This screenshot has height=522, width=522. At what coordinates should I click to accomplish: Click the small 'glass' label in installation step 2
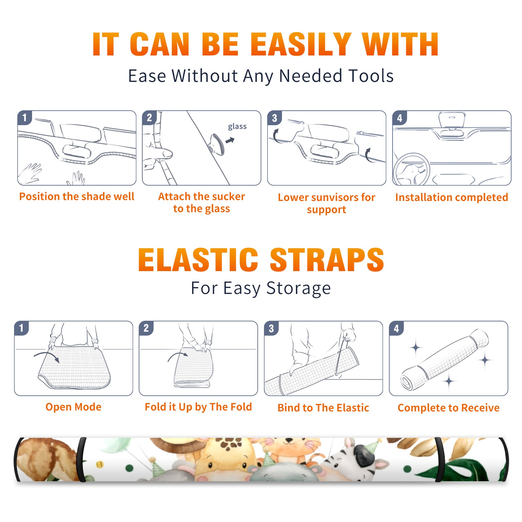click(x=237, y=127)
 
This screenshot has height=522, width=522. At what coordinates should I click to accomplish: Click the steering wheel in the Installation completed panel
click(x=412, y=170)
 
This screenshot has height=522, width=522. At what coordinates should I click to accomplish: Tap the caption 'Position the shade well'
click(x=77, y=196)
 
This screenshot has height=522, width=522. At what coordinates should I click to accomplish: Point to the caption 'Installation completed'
click(x=452, y=197)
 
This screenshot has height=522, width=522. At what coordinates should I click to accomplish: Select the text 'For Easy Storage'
click(x=261, y=288)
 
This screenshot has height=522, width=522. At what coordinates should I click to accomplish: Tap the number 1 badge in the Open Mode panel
click(x=22, y=328)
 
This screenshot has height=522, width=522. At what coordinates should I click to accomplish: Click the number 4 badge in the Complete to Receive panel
click(x=396, y=328)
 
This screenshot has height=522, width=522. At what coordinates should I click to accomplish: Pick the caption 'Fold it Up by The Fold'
click(x=198, y=407)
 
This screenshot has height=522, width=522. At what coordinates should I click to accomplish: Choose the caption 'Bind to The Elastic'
click(x=323, y=407)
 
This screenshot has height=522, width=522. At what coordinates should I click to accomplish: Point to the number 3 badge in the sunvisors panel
click(x=274, y=118)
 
